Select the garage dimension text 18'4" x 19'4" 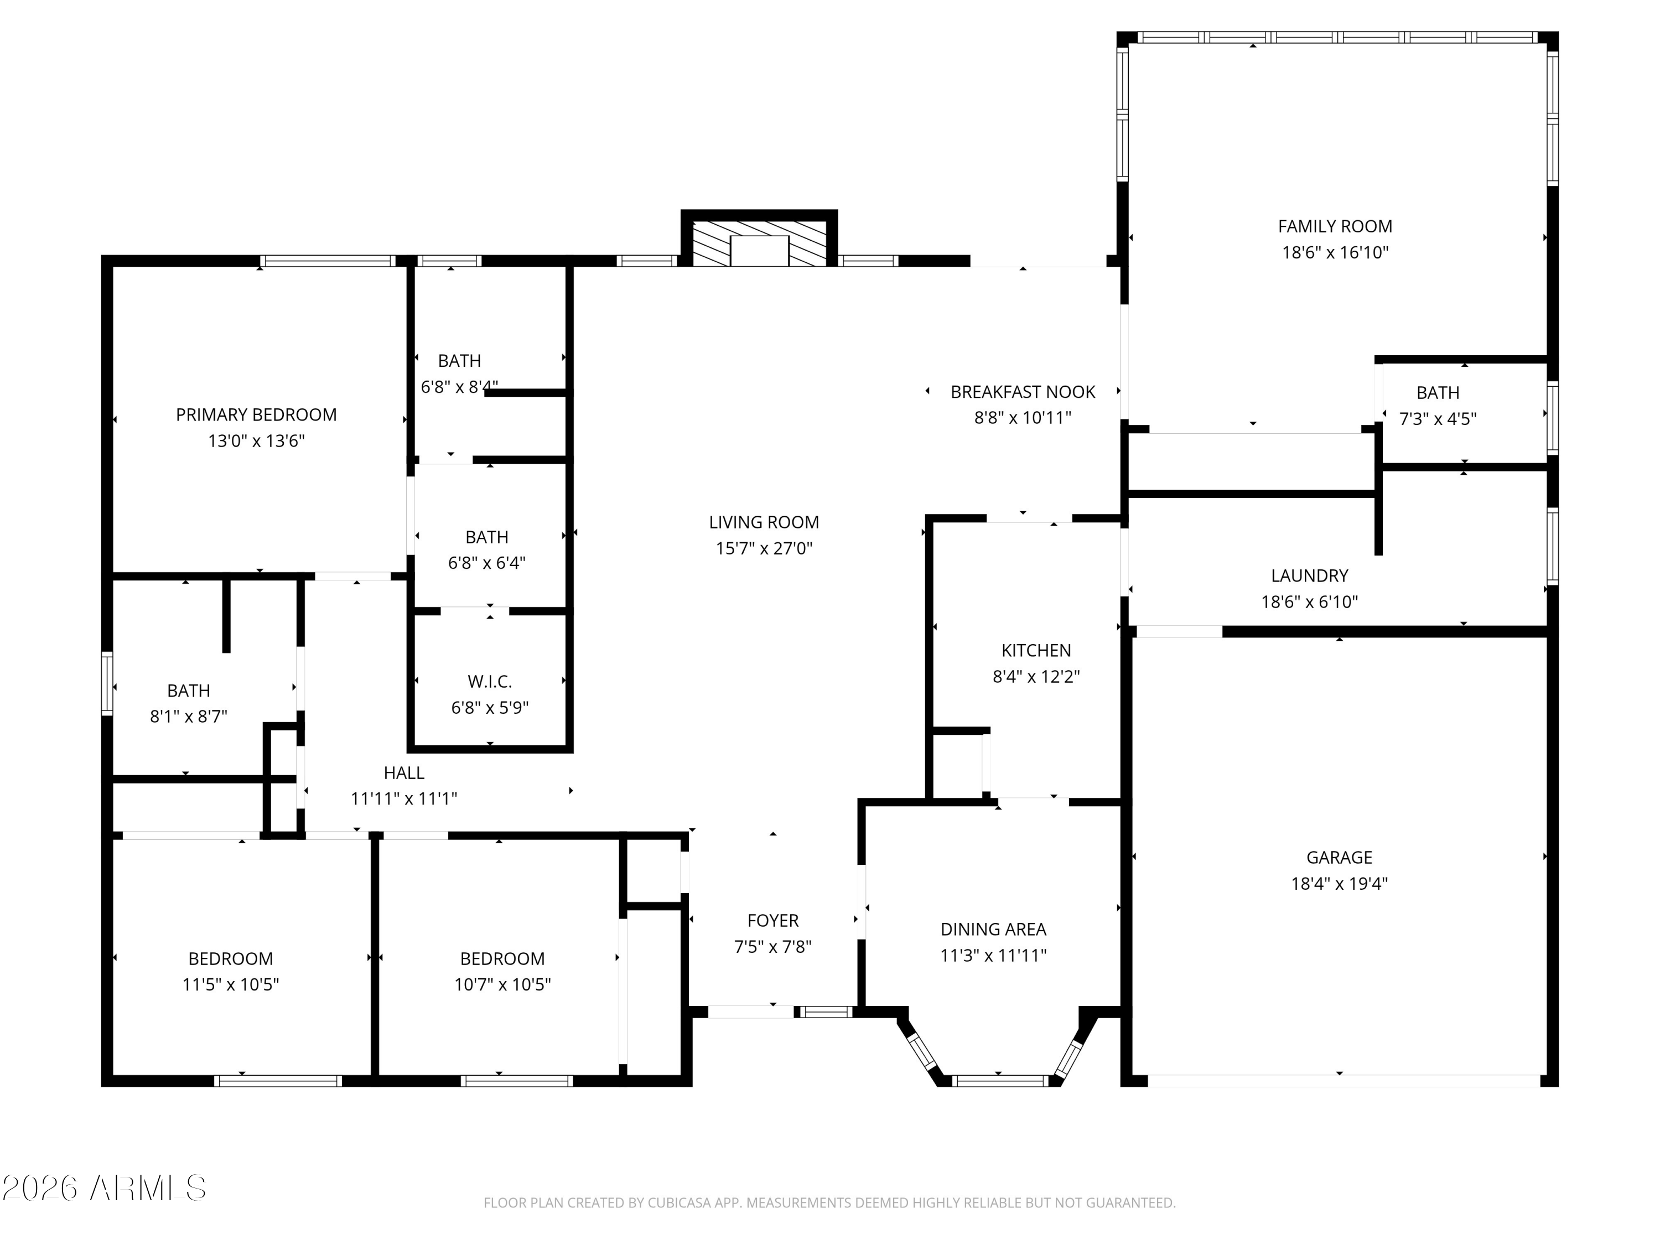click(x=1339, y=883)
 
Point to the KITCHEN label click(x=1036, y=651)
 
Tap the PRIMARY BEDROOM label click(x=256, y=414)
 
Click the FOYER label click(x=772, y=920)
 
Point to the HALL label click(x=404, y=772)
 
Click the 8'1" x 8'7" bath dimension click(x=188, y=717)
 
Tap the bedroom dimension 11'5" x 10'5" click(x=230, y=984)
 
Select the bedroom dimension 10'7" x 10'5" click(x=502, y=984)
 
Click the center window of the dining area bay click(x=998, y=1081)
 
